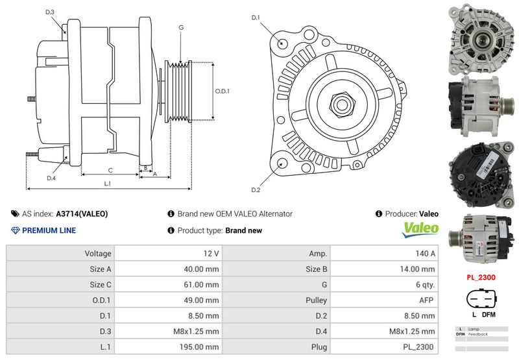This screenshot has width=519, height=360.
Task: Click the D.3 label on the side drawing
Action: click(x=50, y=12)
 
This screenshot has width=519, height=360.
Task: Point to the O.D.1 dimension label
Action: click(x=222, y=91)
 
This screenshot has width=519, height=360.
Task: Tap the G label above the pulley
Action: click(x=181, y=27)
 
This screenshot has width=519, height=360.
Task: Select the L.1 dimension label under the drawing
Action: click(x=108, y=184)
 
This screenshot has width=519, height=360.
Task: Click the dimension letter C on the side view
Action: click(x=110, y=170)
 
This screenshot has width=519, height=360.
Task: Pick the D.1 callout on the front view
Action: click(x=256, y=18)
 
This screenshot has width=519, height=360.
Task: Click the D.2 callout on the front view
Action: click(x=256, y=190)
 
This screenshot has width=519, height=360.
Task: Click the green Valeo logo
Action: click(x=421, y=229)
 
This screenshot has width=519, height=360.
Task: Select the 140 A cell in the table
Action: click(x=384, y=253)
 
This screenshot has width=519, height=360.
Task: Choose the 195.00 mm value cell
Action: click(x=168, y=347)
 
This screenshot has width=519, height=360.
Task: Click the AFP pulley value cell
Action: click(x=384, y=300)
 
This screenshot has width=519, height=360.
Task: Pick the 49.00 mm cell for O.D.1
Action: click(x=168, y=300)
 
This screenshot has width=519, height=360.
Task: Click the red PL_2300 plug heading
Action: click(x=481, y=277)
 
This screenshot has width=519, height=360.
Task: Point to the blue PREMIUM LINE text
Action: click(x=49, y=230)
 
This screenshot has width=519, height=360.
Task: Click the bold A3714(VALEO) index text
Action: click(x=82, y=213)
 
